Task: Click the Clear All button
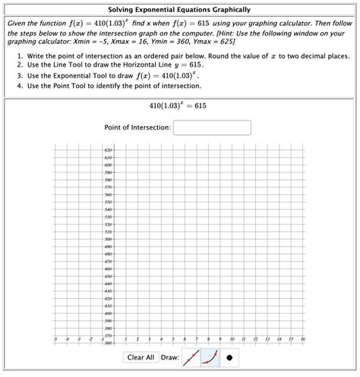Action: (141, 357)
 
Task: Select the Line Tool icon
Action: (190, 357)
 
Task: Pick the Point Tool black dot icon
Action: (229, 357)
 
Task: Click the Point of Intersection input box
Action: (212, 127)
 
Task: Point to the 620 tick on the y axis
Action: (109, 150)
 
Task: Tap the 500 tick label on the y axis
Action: (109, 239)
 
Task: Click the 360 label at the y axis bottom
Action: (109, 342)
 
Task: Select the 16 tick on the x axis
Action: (302, 340)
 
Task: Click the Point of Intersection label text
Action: (137, 127)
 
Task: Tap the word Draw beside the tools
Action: (169, 357)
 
